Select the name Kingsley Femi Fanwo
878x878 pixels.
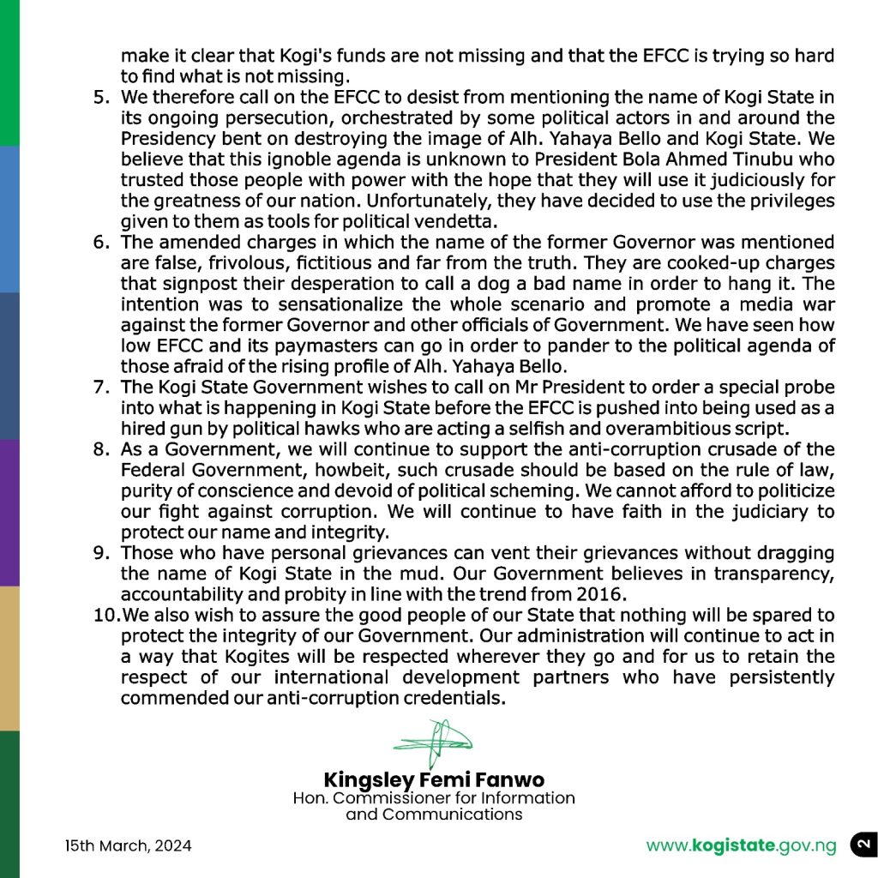coord(434,780)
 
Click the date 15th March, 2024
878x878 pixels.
coord(129,846)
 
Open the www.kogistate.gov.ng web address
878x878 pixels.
coord(741,846)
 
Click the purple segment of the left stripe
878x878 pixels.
coord(9,513)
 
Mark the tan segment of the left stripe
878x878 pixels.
coord(9,658)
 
